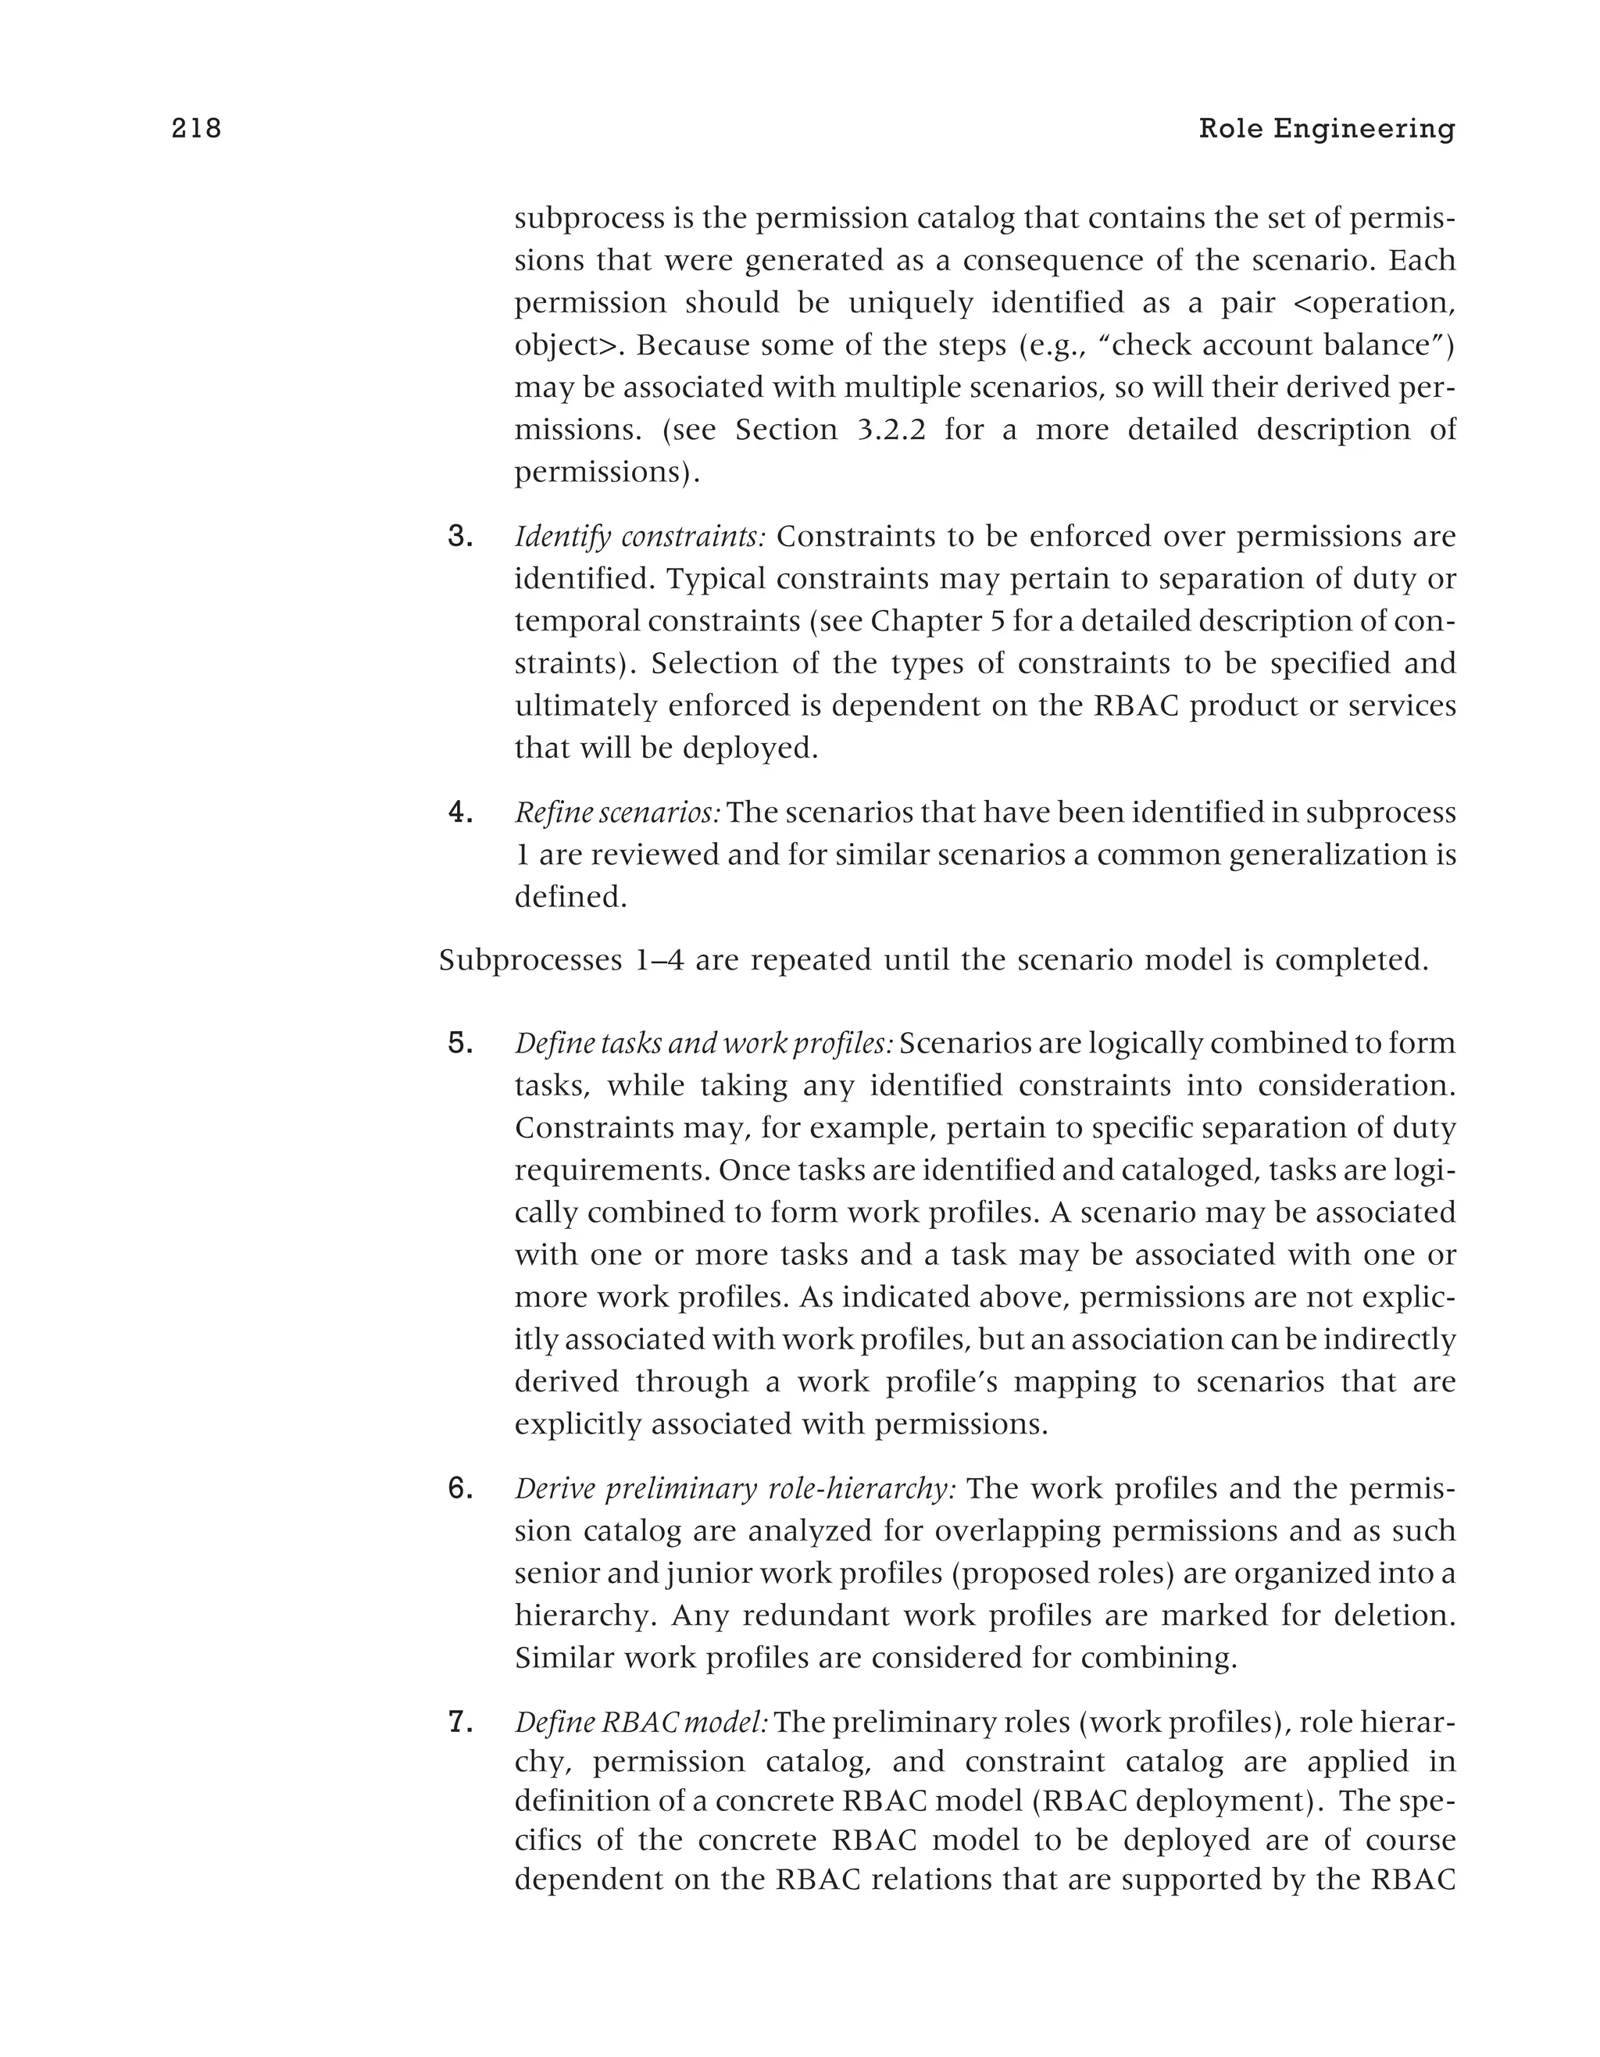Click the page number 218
pyautogui.click(x=196, y=128)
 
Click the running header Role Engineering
pyautogui.click(x=1326, y=128)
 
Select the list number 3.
pyautogui.click(x=459, y=537)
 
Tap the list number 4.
pyautogui.click(x=459, y=812)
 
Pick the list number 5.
pyautogui.click(x=459, y=1044)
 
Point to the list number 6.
pyautogui.click(x=459, y=1488)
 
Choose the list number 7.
pyautogui.click(x=459, y=1722)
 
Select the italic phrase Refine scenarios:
pyautogui.click(x=617, y=812)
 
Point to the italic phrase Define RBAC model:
pyautogui.click(x=641, y=1722)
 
